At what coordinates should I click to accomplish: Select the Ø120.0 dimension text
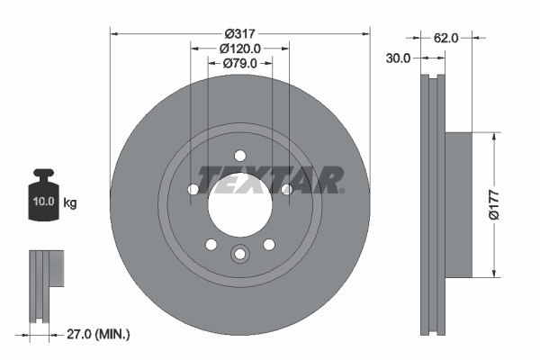tap(240, 49)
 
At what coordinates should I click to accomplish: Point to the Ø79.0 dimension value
tap(240, 63)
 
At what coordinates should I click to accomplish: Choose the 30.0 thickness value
tap(398, 58)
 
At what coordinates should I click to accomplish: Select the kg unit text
tap(70, 203)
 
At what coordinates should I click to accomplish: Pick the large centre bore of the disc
tap(240, 203)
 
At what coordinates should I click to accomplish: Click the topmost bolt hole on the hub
tap(240, 156)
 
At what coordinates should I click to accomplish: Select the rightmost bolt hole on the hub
tap(286, 189)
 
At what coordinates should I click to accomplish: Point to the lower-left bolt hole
tap(211, 244)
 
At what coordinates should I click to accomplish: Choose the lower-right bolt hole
tap(268, 244)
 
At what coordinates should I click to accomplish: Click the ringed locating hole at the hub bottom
tap(240, 255)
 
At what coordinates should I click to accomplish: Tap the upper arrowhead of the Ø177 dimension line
tap(493, 138)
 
